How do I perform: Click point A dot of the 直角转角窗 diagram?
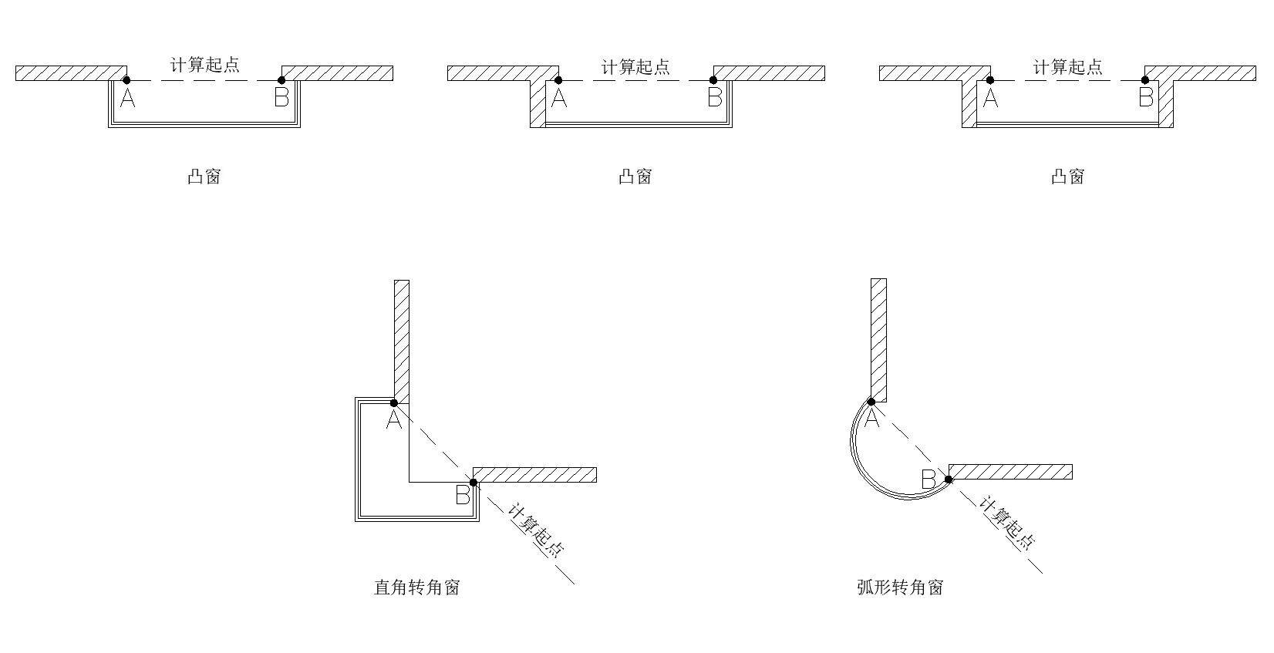[x=393, y=402]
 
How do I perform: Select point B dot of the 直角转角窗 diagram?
[x=474, y=483]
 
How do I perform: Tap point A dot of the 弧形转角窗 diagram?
[x=871, y=401]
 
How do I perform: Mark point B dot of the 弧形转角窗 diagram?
[x=949, y=480]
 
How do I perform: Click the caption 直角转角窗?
[x=417, y=587]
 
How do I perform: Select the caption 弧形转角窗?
[x=900, y=587]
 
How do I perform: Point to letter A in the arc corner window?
[x=872, y=419]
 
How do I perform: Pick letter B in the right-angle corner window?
[x=462, y=495]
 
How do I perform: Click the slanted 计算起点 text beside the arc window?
[x=1007, y=523]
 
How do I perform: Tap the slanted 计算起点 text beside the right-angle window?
[x=537, y=530]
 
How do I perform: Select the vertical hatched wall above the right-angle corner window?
[x=402, y=339]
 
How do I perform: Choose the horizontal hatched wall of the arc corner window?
[x=1010, y=472]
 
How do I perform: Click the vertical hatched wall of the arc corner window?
[x=878, y=339]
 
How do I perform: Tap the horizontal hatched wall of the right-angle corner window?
[x=534, y=475]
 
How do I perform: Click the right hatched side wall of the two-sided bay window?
[x=1166, y=103]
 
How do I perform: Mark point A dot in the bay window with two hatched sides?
[x=990, y=79]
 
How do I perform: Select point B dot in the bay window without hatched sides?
[x=281, y=79]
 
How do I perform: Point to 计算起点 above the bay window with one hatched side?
[x=636, y=68]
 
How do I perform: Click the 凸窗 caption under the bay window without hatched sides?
[x=204, y=177]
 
